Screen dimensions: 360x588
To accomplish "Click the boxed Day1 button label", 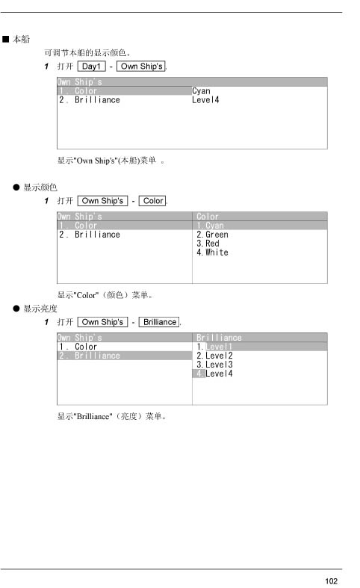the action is coord(92,66).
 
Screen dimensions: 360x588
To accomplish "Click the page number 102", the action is coord(331,581).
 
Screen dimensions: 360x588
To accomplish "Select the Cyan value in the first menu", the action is coord(201,91).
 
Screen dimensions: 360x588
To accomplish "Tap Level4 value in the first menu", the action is coord(205,100).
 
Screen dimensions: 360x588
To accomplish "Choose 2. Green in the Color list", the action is coord(212,235).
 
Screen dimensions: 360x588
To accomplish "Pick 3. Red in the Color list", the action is coord(208,244).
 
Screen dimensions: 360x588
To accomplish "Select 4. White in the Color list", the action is coord(212,253).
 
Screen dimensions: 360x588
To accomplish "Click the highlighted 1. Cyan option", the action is coord(210,226).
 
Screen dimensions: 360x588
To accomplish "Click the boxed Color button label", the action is coord(153,201).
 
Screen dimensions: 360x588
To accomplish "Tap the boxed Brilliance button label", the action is coord(159,322).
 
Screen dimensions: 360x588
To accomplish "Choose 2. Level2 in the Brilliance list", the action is coord(214,356).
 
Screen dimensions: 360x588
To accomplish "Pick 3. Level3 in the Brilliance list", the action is coord(214,365).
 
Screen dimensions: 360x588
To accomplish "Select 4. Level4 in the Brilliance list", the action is coord(214,374).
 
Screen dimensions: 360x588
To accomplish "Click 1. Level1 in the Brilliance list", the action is coord(214,347).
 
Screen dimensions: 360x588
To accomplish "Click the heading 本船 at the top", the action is coord(21,40).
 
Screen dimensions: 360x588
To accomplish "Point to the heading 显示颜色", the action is coord(40,188).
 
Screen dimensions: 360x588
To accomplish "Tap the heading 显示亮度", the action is coord(40,309).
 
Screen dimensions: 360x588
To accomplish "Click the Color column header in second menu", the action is coord(208,217).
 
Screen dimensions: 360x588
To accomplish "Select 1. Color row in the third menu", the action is coord(78,347).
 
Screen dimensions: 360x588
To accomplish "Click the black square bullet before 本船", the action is coord(6,40).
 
